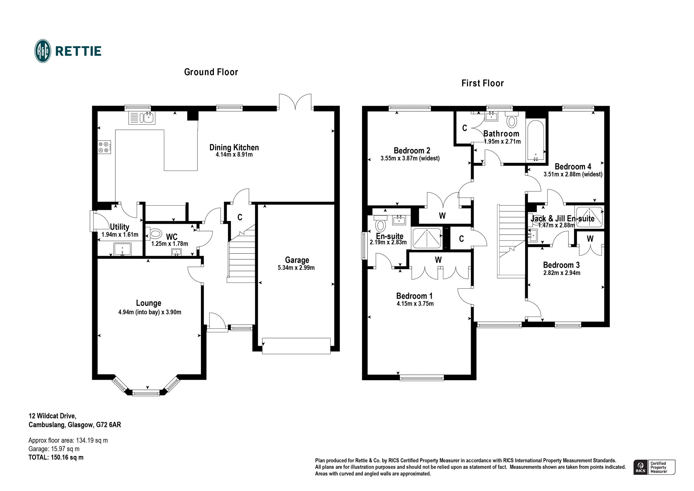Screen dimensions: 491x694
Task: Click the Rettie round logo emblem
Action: point(43,51)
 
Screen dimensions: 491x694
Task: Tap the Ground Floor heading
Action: point(211,72)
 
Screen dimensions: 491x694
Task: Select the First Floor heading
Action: point(482,83)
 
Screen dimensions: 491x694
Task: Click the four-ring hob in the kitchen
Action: point(104,147)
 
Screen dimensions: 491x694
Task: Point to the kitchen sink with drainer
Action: point(142,118)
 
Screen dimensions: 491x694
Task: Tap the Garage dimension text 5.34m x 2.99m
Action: point(296,267)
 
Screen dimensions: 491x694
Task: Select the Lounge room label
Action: point(148,303)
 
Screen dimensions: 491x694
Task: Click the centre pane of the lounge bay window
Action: point(146,393)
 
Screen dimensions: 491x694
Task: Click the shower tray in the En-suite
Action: point(427,238)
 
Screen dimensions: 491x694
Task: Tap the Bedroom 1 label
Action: point(414,296)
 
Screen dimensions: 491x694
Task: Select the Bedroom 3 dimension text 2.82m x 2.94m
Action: point(562,273)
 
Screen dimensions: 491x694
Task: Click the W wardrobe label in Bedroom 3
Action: point(590,239)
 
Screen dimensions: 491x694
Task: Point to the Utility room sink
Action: point(122,250)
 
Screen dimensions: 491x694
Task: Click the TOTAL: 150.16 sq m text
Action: point(56,457)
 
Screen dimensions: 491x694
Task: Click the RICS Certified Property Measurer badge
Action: point(654,467)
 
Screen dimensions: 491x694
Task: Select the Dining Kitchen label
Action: point(234,147)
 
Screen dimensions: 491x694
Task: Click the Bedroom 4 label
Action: point(573,167)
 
